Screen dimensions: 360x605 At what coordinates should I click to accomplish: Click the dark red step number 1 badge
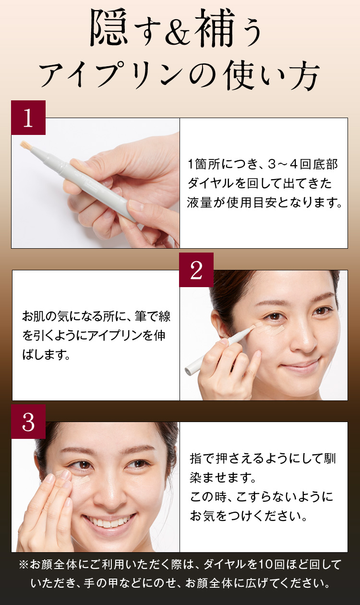28,118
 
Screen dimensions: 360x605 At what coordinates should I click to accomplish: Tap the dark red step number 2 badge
196,270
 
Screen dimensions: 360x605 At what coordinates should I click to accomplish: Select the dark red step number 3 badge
28,422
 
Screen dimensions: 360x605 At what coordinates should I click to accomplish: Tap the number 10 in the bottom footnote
265,565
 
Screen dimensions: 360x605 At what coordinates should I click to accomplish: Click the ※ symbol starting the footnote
24,565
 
